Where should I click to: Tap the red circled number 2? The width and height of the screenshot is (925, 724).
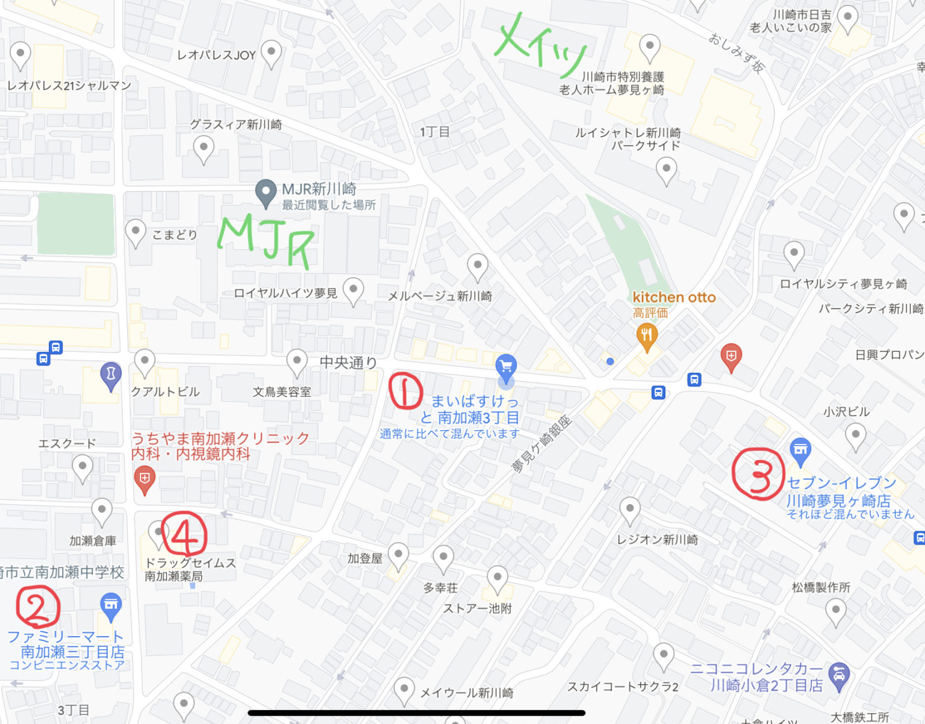tap(39, 607)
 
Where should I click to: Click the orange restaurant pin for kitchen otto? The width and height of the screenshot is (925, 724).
tap(647, 336)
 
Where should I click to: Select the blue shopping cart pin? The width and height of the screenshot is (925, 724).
tap(506, 366)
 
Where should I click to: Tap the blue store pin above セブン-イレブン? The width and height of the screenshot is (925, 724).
tap(800, 451)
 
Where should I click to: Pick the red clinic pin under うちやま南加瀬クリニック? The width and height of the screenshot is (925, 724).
tap(145, 479)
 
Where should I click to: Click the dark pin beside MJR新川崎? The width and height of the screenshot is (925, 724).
tap(266, 193)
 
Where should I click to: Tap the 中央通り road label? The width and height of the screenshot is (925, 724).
tap(348, 362)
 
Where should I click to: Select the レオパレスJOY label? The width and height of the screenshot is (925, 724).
tap(216, 55)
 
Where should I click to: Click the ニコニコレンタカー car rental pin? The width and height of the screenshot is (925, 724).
tap(839, 675)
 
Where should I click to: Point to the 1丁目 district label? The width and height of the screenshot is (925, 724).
tap(435, 132)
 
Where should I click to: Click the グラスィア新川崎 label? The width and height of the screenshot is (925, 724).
tap(236, 125)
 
